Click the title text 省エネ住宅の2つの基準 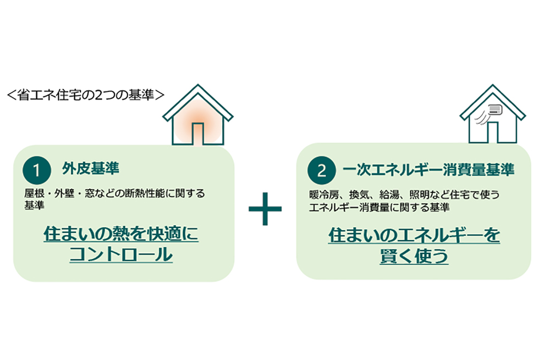86,95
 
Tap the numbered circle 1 37,170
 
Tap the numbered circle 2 321,170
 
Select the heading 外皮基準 90,168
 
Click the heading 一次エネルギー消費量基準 428,170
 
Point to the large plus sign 265,209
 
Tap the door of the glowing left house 197,134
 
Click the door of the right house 493,132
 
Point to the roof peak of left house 197,85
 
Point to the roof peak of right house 493,85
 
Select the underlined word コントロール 121,254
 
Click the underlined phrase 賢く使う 414,256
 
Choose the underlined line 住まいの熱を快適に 121,234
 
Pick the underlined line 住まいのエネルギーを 414,235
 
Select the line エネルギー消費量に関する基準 379,208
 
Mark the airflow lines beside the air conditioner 481,118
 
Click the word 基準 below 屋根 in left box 34,205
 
